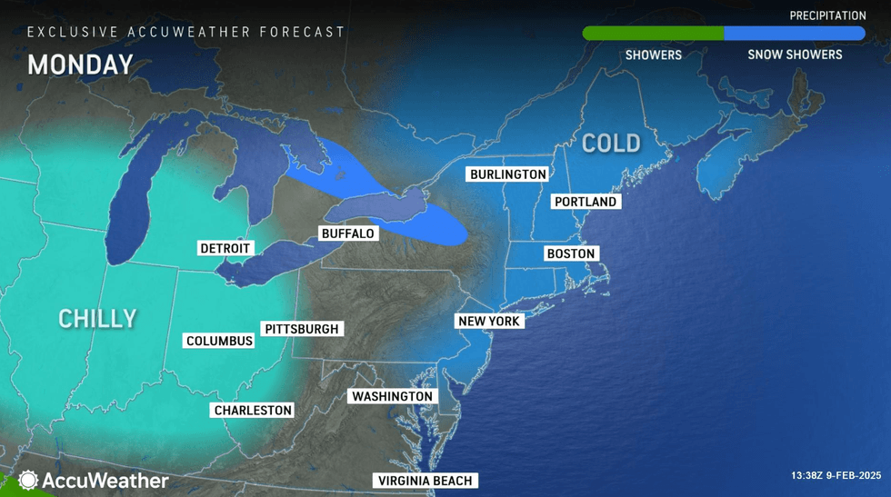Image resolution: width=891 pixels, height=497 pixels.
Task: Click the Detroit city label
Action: [225, 248]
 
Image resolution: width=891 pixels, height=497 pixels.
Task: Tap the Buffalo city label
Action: [347, 234]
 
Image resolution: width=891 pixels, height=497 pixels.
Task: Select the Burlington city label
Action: [508, 174]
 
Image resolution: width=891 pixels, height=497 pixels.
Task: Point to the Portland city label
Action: [586, 202]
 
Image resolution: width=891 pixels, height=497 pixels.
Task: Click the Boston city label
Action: [570, 253]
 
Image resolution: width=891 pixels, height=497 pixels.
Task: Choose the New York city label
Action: [489, 322]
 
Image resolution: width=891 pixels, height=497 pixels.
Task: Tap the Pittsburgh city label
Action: [303, 329]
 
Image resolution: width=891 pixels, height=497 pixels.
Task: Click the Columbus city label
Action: [219, 341]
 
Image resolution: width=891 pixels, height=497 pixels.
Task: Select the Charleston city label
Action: [253, 410]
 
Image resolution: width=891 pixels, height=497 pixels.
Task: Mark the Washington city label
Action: [392, 396]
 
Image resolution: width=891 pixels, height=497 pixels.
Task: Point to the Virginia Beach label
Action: [425, 481]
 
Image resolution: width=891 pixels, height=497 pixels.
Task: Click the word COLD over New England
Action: [611, 143]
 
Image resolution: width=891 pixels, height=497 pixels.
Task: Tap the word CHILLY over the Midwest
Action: [97, 318]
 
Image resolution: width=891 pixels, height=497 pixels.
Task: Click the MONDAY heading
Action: [80, 65]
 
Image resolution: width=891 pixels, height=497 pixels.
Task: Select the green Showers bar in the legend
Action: [653, 34]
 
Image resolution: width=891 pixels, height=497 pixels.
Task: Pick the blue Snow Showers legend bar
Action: [795, 34]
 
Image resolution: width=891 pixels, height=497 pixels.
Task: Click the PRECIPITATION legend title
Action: [827, 15]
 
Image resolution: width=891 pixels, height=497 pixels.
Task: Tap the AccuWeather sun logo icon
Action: [28, 481]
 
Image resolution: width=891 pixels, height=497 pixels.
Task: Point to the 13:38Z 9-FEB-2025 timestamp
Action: [836, 475]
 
